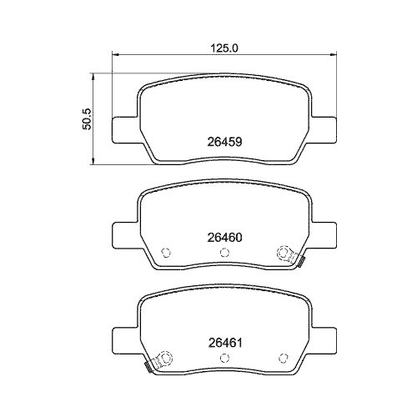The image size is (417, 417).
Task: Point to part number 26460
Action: pos(224,237)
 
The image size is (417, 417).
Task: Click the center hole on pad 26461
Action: pos(224,357)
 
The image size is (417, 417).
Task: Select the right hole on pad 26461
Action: pos(282,357)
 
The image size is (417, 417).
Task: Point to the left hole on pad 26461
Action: pos(165,357)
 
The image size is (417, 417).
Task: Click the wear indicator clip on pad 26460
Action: pos(299,264)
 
